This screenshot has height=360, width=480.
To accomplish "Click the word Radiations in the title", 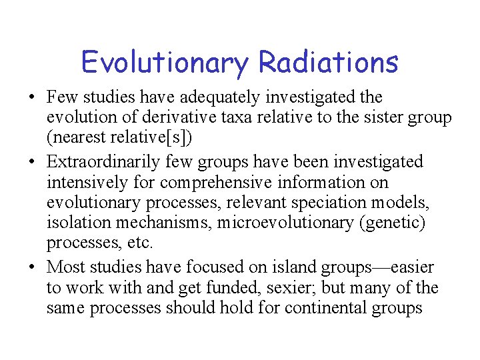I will (x=328, y=63).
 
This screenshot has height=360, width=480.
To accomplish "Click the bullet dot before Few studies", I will (x=32, y=98).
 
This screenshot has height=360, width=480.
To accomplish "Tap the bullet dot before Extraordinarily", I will (x=32, y=162).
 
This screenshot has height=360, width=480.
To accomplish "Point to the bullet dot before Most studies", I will (x=32, y=268).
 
